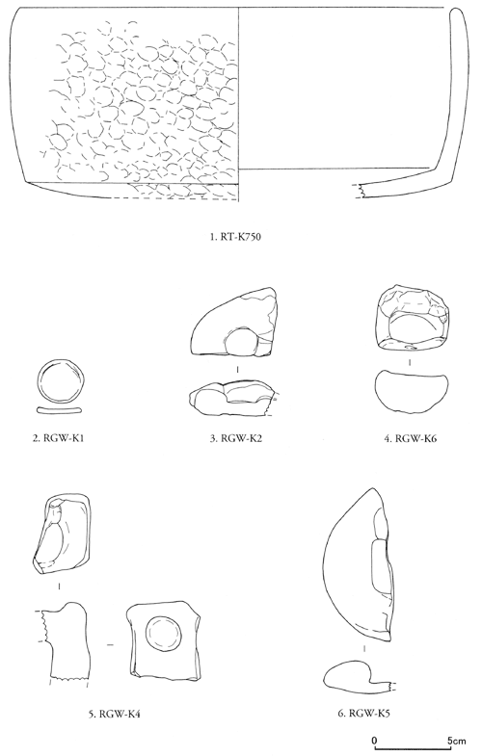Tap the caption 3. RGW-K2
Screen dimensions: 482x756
235,438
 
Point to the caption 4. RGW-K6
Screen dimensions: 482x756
410,438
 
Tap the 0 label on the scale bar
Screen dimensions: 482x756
375,740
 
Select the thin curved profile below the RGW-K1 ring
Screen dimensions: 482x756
60,410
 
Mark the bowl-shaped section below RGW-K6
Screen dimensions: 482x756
412,391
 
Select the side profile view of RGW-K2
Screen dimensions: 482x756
231,398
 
